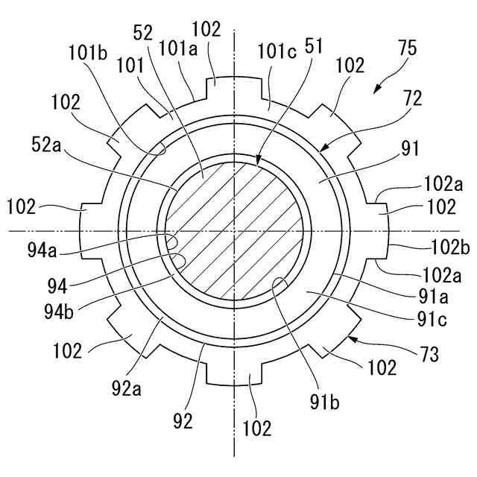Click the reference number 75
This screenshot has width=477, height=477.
coord(405,49)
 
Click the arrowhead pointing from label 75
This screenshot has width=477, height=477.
coord(376,90)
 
